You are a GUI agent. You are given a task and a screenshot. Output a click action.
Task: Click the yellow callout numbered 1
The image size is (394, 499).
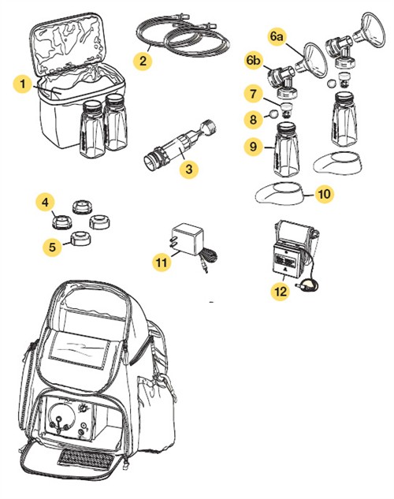click(25, 82)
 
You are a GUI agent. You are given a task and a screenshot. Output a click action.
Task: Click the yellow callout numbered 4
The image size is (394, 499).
click(46, 204)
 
